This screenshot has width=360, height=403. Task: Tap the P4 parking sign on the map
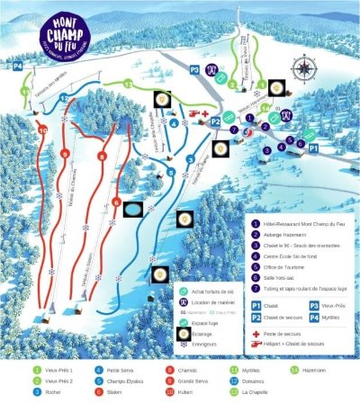click(17, 66)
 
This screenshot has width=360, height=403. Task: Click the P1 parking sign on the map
click(314, 145)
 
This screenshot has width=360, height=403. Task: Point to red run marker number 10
click(41, 131)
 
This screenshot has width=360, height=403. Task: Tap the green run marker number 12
click(128, 84)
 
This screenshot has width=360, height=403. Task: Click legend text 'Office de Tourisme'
click(292, 253)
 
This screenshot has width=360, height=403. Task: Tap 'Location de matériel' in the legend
click(217, 302)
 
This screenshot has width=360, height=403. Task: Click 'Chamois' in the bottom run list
click(181, 368)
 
